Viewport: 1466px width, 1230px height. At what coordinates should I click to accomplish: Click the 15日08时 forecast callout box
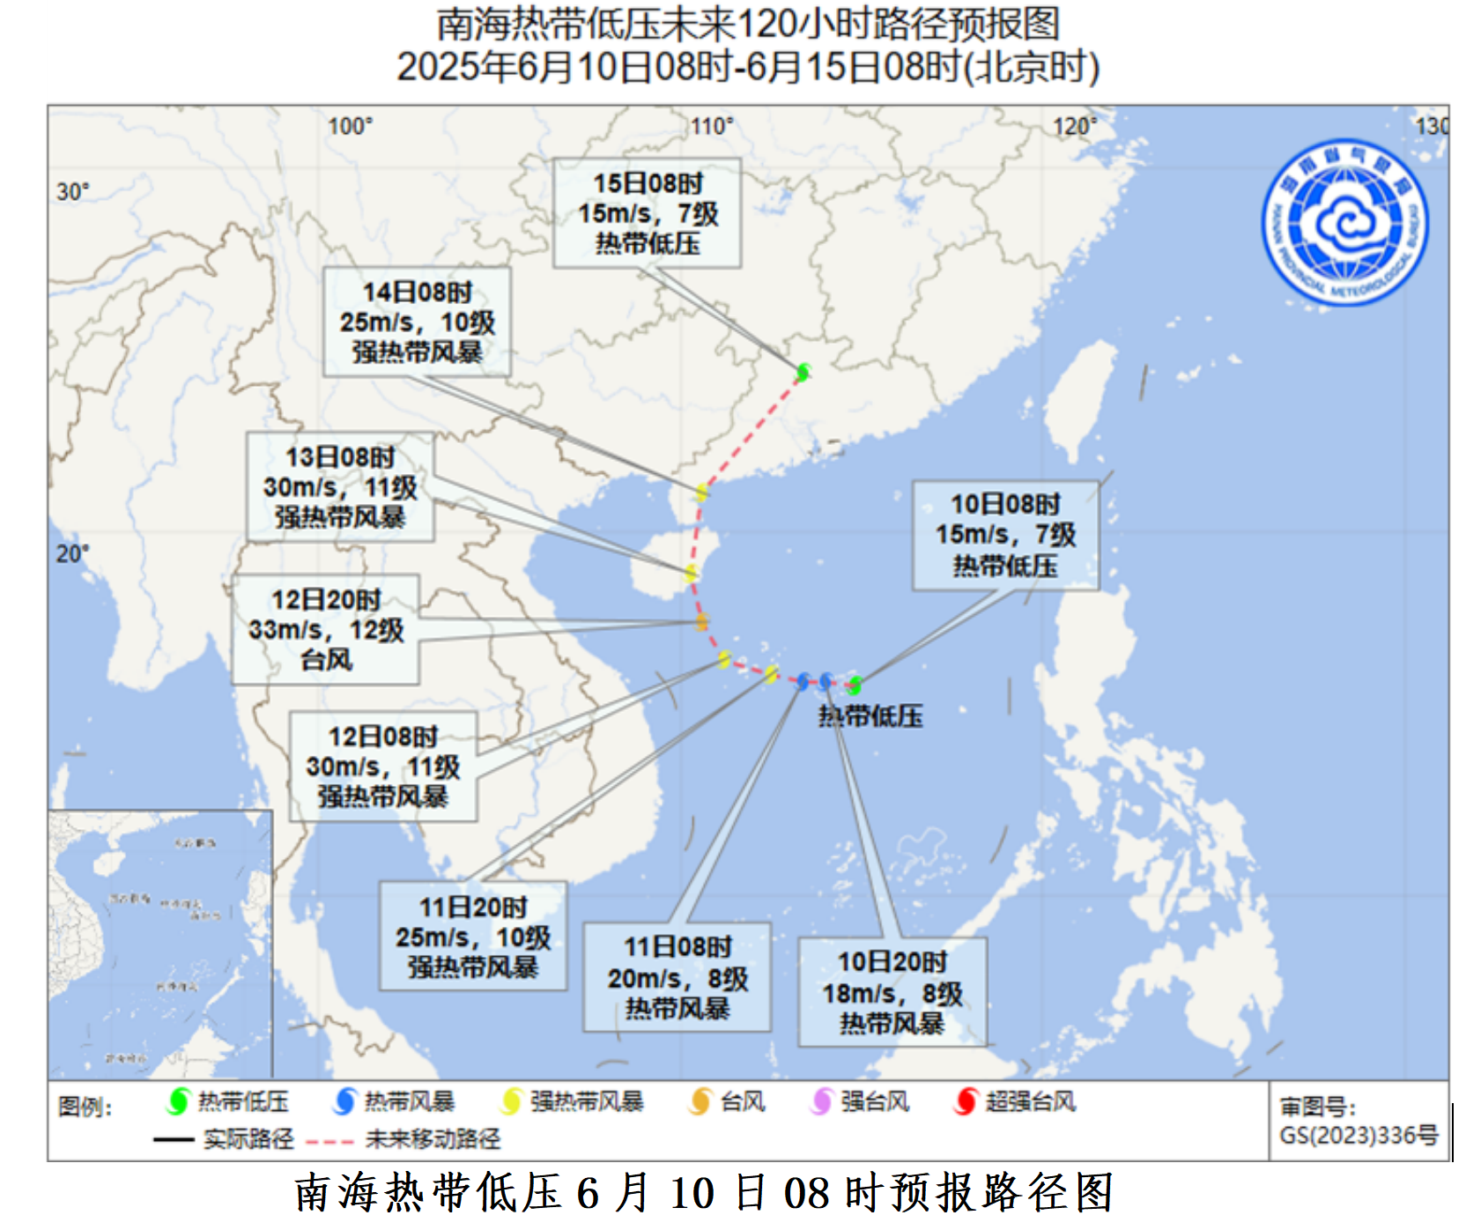(647, 213)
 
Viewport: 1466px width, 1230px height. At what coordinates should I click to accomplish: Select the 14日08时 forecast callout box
(417, 322)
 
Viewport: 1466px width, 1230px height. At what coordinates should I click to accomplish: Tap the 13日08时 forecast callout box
(340, 486)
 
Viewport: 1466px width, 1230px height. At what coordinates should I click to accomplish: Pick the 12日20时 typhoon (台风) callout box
(325, 629)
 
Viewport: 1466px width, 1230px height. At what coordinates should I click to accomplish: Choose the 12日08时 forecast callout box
(383, 767)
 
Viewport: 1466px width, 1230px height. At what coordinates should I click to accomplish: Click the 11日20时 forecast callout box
(473, 937)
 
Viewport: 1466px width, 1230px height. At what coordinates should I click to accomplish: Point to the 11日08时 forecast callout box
(677, 977)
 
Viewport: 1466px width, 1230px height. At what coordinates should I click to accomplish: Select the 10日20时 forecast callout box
(892, 992)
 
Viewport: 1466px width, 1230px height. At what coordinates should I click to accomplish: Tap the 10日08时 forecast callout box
(1005, 535)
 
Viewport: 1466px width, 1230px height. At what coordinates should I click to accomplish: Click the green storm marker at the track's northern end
(803, 373)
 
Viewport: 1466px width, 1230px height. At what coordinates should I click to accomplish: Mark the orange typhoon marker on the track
(701, 622)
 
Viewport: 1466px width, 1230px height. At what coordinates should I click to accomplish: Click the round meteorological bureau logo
(1344, 223)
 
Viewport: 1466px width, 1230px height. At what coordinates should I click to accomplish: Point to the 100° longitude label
(350, 127)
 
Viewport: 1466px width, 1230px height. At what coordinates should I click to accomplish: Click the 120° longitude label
(1075, 127)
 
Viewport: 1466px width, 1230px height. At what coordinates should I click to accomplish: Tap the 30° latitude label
(73, 191)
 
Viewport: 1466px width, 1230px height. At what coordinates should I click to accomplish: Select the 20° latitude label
(73, 553)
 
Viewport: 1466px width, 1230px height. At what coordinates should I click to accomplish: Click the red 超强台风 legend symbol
(966, 1101)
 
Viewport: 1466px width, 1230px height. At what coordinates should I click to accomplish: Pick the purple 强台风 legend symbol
(821, 1101)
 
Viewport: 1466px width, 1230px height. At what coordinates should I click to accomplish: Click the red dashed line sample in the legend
(329, 1140)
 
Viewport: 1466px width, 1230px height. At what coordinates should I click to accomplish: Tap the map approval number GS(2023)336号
(1358, 1136)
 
